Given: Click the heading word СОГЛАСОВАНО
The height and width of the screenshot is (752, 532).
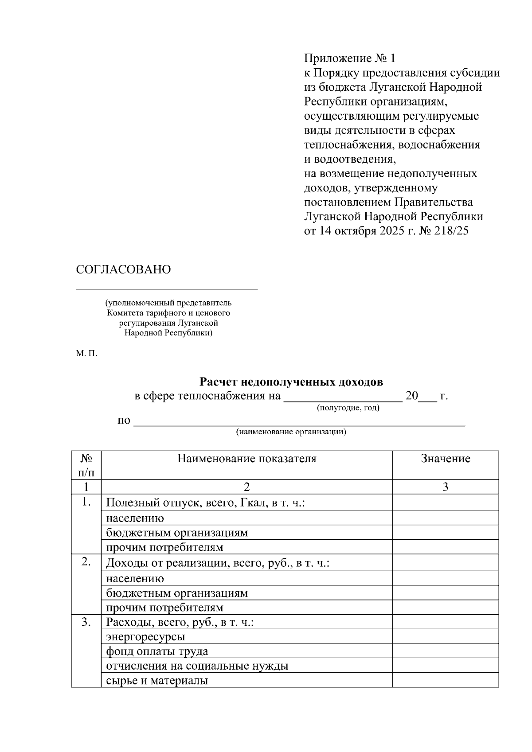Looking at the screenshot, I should tap(123, 270).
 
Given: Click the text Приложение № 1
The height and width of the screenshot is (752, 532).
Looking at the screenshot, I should tap(349, 58).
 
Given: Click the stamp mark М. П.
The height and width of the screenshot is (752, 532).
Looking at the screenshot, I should tap(86, 354).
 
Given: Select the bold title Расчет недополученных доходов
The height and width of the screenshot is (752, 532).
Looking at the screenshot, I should tap(291, 382).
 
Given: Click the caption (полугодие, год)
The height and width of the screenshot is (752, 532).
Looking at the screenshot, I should tap(348, 408).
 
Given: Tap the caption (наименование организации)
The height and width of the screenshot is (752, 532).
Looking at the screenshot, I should tap(291, 432).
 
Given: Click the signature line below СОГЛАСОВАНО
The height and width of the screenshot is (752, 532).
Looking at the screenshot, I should tap(167, 289).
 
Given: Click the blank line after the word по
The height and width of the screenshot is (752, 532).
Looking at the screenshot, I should tap(299, 425).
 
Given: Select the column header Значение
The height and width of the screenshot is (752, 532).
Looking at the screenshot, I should tap(445, 459).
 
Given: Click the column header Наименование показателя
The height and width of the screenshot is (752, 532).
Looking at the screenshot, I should tap(246, 459).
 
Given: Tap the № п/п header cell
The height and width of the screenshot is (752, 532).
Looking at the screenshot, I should tap(86, 465).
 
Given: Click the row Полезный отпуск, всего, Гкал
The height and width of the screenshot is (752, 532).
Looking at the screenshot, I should tap(206, 503).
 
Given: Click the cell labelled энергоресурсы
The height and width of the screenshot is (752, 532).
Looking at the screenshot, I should tap(145, 637).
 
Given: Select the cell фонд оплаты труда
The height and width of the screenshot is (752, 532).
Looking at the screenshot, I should tap(157, 652).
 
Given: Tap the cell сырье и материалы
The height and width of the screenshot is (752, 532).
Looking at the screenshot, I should tap(157, 681).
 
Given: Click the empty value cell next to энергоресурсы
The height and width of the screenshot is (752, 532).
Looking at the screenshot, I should tap(445, 637).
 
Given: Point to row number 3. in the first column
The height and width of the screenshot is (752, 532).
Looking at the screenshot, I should tap(86, 623).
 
